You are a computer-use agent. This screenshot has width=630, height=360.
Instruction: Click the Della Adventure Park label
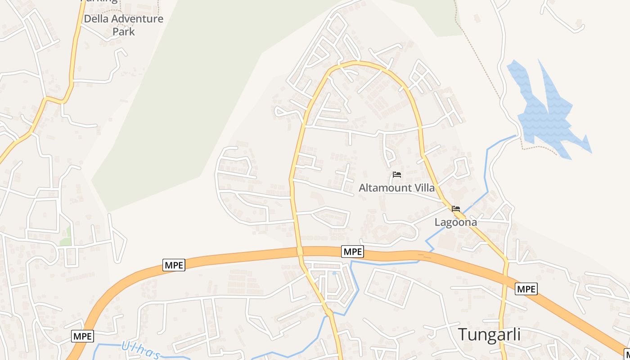coord(123,25)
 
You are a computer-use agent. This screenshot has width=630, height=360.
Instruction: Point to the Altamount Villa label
coord(396,188)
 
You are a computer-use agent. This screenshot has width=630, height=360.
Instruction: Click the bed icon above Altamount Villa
coord(396,174)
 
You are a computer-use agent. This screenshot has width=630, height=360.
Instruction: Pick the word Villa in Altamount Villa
coord(423,188)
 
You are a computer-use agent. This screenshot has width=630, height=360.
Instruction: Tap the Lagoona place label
coord(455,222)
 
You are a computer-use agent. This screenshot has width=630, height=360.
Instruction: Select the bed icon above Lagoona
coord(456,208)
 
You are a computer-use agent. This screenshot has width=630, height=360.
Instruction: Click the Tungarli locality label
coord(489,335)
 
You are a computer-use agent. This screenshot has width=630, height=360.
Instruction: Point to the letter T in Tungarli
coord(463,335)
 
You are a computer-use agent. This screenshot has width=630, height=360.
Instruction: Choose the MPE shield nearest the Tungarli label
coord(526,288)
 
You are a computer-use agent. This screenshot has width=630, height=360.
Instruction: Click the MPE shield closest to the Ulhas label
coord(82,336)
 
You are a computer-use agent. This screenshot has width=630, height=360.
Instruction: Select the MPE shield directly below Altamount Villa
coord(352,252)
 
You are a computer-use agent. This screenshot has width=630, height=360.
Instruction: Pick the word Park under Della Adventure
coord(123,32)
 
